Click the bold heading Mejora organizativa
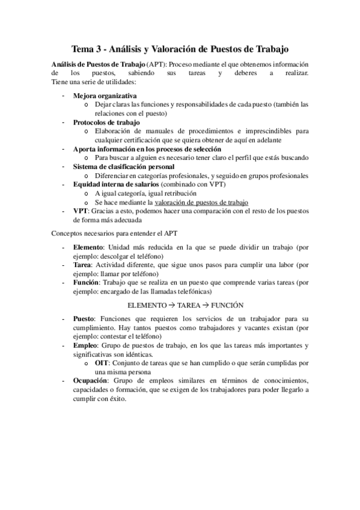pos(105,96)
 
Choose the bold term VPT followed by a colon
pos(81,211)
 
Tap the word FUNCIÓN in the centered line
pos(226,305)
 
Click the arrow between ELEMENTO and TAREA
pos(174,305)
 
